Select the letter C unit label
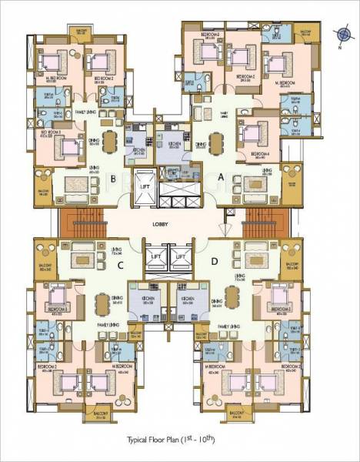point(120,267)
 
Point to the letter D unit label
point(212,267)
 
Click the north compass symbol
point(342,33)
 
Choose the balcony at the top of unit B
point(81,35)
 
